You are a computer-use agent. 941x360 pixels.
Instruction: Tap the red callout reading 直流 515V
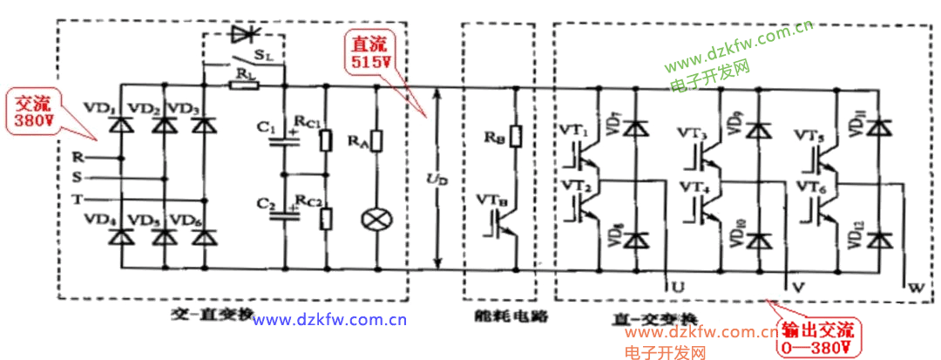(x=372, y=53)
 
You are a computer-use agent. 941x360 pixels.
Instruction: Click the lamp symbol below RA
(x=376, y=218)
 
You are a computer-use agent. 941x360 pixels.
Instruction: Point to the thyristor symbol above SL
(x=243, y=36)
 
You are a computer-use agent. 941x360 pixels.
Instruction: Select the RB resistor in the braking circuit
(x=515, y=137)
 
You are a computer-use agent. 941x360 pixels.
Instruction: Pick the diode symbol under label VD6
(x=203, y=234)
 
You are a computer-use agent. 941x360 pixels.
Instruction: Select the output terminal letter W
(x=914, y=285)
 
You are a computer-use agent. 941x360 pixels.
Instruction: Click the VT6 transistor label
(x=807, y=187)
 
